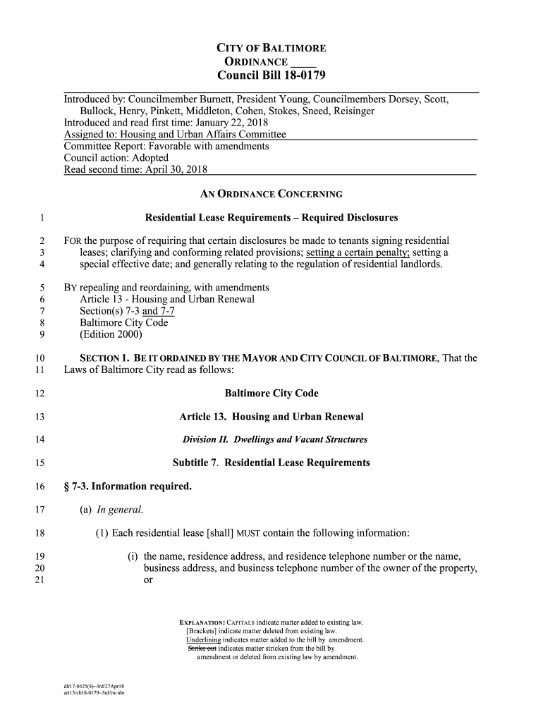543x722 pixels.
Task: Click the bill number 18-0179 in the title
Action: click(298, 75)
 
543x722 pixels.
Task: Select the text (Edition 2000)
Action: click(111, 334)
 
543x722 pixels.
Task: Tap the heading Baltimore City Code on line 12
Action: click(271, 393)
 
